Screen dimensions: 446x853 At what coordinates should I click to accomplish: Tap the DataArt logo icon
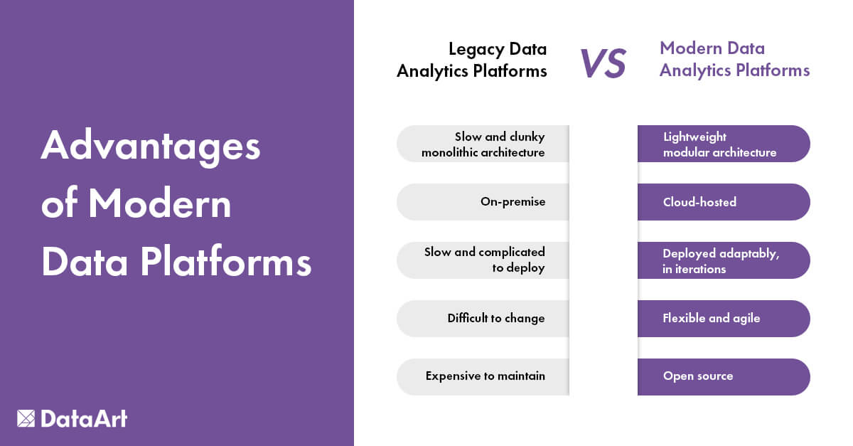26,418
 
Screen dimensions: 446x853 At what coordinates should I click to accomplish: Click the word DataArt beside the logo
84,418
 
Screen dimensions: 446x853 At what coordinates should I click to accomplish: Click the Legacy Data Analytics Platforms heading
472,60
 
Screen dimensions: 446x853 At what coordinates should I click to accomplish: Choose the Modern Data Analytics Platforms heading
734,60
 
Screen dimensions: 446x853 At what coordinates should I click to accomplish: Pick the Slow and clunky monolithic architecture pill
483,144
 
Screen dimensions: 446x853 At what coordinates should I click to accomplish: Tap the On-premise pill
483,202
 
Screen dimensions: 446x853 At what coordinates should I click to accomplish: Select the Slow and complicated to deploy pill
483,260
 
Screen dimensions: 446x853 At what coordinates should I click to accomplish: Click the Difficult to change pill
483,319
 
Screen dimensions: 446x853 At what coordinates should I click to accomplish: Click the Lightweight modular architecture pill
724,144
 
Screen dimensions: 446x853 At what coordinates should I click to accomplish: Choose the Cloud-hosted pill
724,202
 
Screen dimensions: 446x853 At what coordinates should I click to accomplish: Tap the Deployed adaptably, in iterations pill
724,260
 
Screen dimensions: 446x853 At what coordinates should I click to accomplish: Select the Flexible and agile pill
724,319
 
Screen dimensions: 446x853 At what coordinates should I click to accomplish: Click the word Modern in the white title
160,205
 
